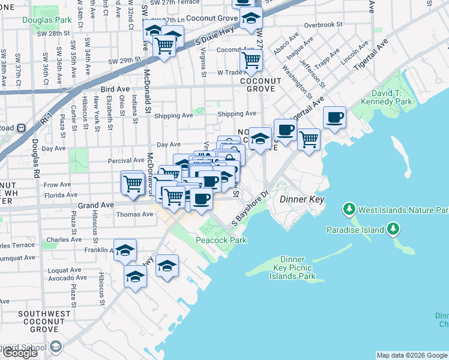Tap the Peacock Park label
coord(221,240)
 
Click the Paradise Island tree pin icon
coord(393,229)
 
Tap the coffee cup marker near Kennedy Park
coord(334,117)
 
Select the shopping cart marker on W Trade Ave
coord(250,59)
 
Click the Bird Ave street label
coord(115,89)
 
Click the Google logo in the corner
coord(20,353)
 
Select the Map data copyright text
coord(412,355)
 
